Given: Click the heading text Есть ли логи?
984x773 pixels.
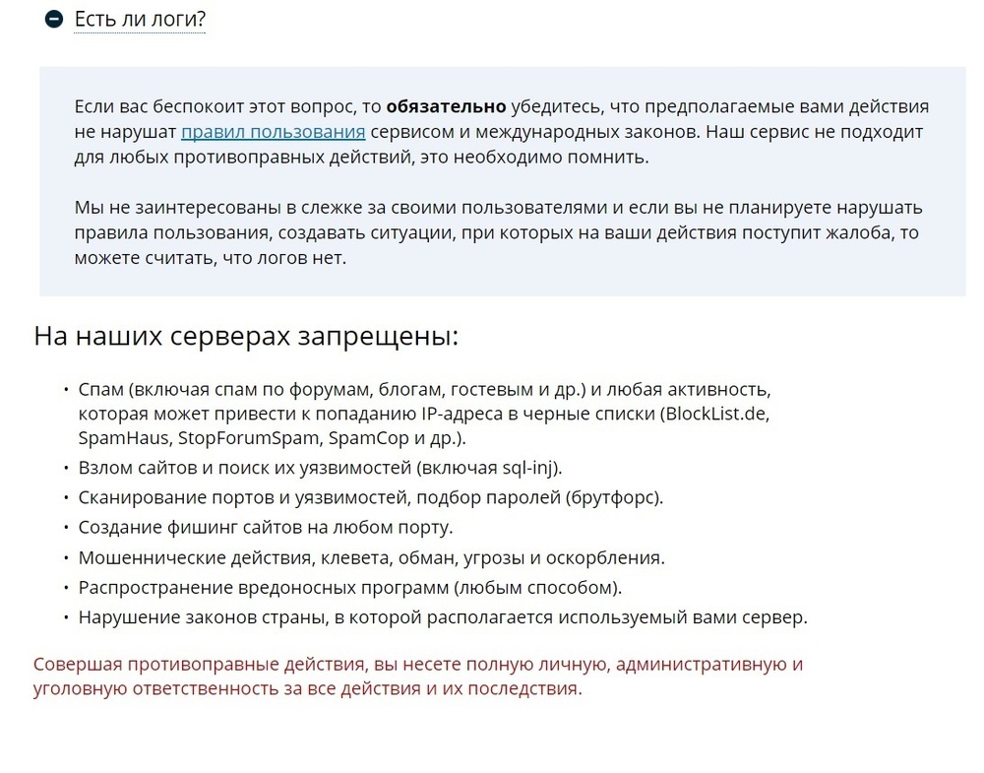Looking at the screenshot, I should coord(140,19).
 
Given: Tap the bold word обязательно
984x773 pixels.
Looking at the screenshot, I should coord(446,106).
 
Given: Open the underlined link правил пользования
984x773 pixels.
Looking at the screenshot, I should coord(274,132).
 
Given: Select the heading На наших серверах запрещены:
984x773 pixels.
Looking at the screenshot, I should coord(246,336).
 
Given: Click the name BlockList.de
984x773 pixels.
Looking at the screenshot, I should coord(717,413).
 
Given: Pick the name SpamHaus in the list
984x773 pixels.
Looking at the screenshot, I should coord(120,438).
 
